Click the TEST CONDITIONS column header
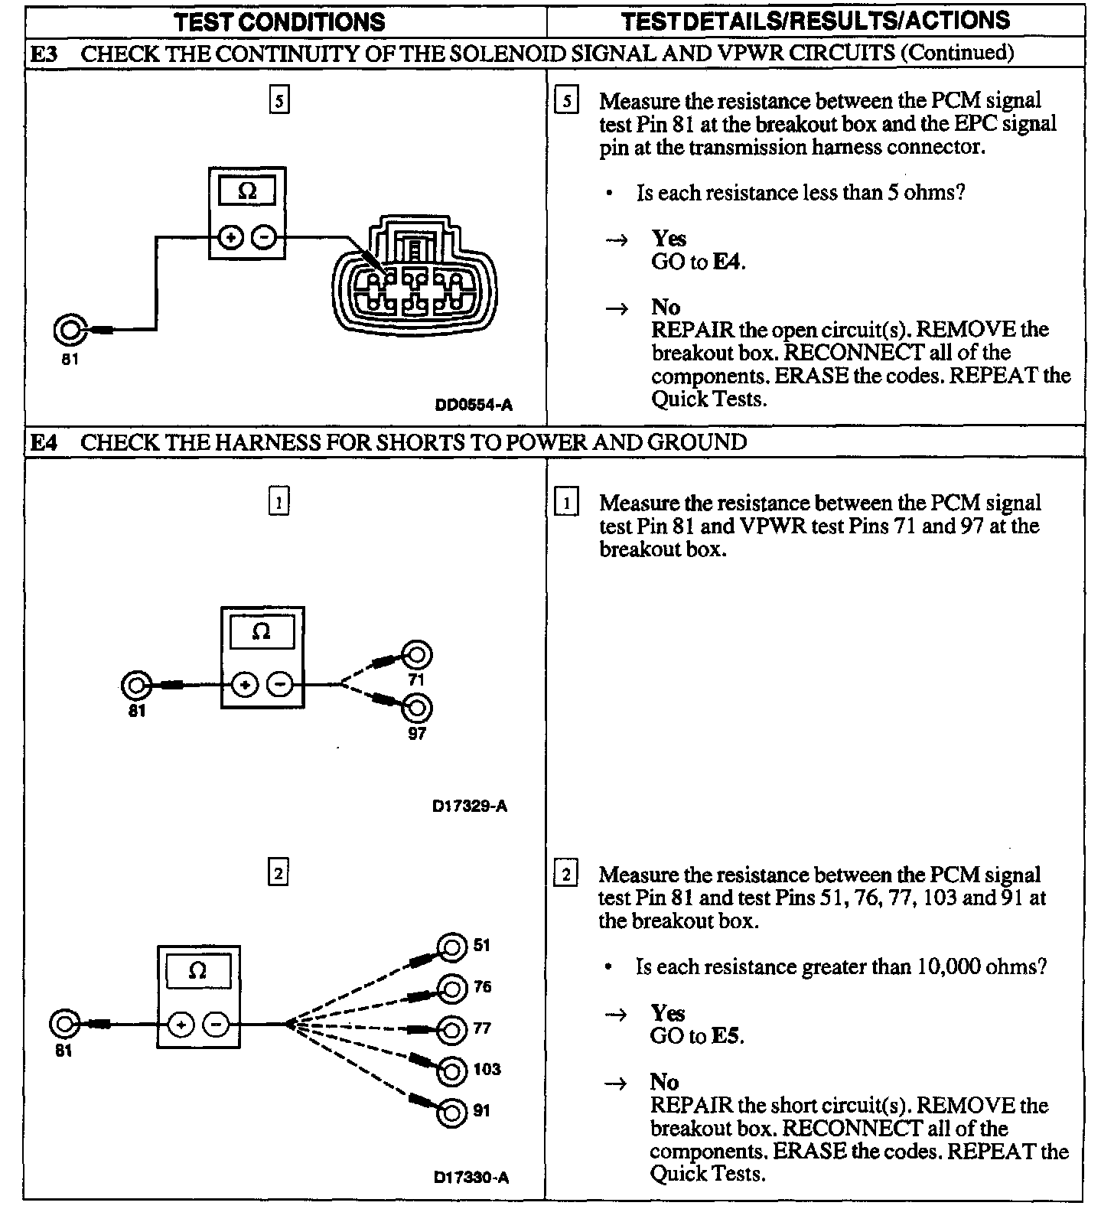click(279, 21)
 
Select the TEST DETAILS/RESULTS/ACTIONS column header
click(816, 21)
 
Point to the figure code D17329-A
click(470, 806)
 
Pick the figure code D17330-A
click(471, 1178)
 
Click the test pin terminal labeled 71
click(417, 656)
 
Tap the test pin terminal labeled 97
click(417, 708)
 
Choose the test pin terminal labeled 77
click(451, 1030)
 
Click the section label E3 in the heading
click(44, 54)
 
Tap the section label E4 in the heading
click(44, 442)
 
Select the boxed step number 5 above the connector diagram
click(279, 101)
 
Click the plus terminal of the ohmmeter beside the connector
click(230, 238)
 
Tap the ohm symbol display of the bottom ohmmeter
click(197, 971)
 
